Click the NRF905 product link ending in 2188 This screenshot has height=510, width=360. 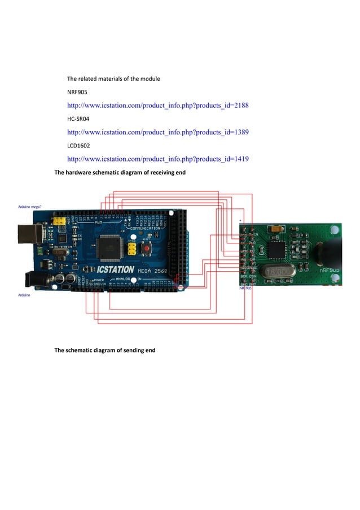[x=158, y=106]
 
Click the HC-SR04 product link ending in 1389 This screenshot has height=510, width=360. [x=158, y=132]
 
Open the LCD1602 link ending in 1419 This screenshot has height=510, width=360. [x=158, y=159]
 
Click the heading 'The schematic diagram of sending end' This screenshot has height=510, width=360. [x=104, y=351]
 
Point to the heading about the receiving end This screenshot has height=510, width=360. [x=120, y=172]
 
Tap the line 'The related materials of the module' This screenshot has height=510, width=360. [x=113, y=79]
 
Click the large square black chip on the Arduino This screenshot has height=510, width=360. [x=108, y=246]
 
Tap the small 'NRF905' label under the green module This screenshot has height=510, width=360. [x=245, y=288]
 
